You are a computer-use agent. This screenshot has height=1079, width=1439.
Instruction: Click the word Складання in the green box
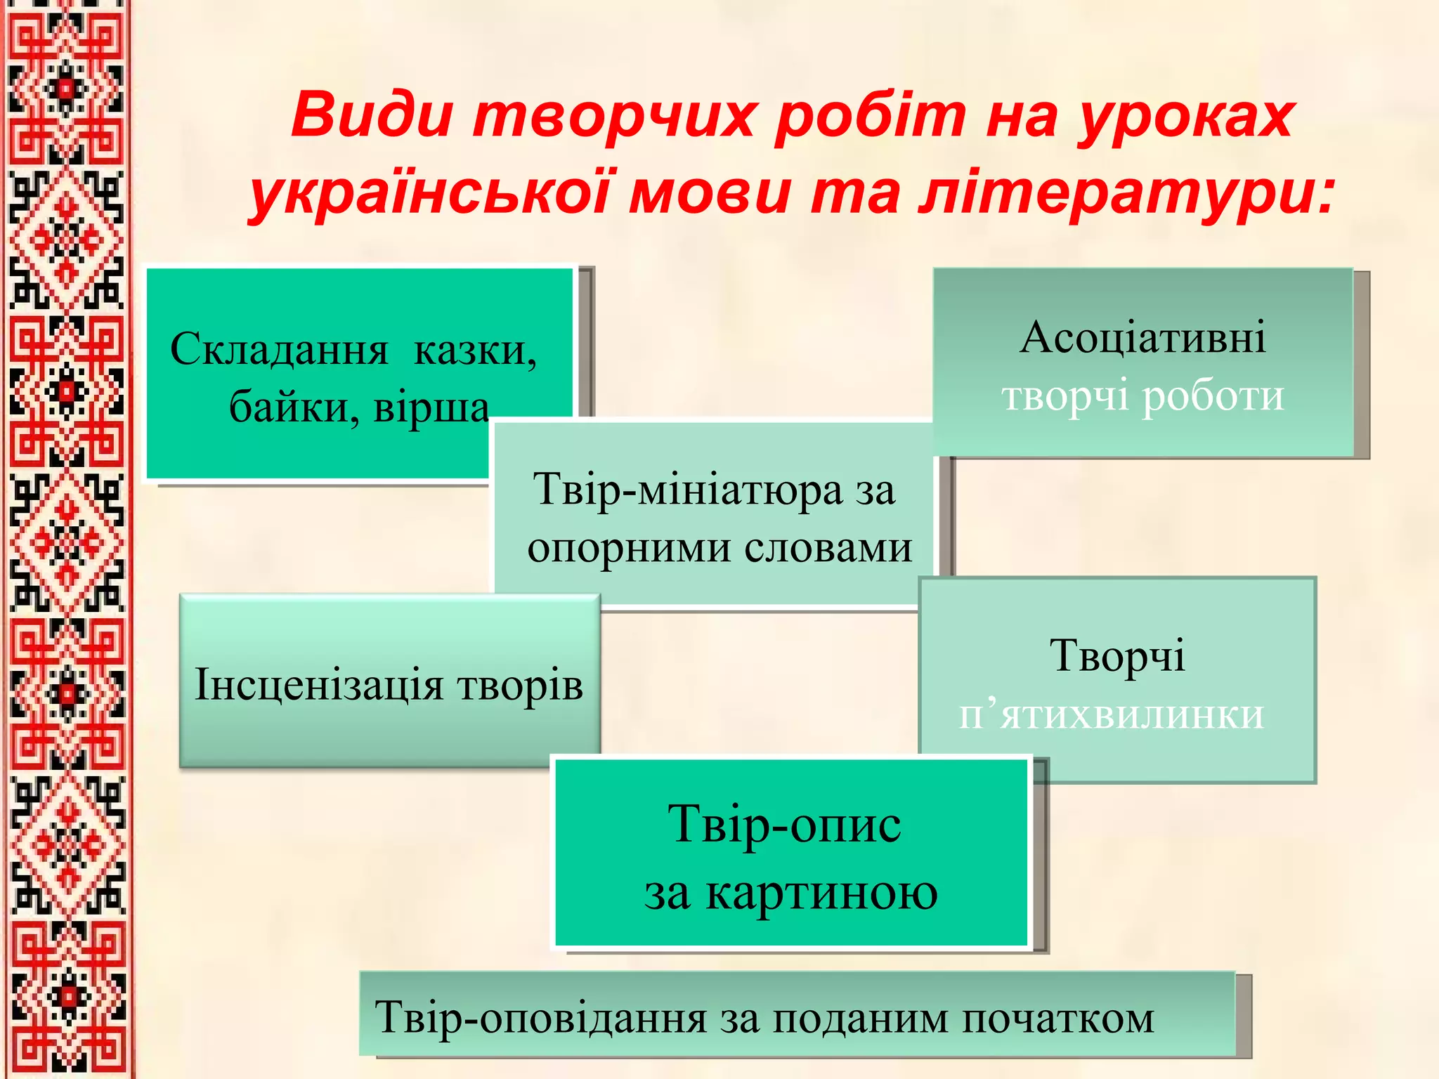pyautogui.click(x=279, y=349)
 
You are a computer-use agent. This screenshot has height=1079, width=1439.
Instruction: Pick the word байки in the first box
pyautogui.click(x=294, y=407)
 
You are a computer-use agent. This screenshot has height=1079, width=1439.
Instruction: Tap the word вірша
pyautogui.click(x=431, y=407)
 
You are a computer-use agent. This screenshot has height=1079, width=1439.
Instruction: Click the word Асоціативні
pyautogui.click(x=1142, y=337)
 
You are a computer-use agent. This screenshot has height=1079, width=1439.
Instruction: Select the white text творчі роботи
pyautogui.click(x=1142, y=395)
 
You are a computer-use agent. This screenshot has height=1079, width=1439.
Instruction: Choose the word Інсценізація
pyautogui.click(x=319, y=684)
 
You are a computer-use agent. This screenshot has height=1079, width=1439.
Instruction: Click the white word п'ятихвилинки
pyautogui.click(x=1112, y=715)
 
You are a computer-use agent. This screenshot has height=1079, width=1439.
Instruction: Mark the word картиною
pyautogui.click(x=821, y=893)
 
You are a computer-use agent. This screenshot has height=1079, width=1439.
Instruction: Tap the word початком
pyautogui.click(x=1057, y=1018)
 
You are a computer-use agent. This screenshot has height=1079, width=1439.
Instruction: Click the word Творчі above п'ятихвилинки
pyautogui.click(x=1117, y=656)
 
